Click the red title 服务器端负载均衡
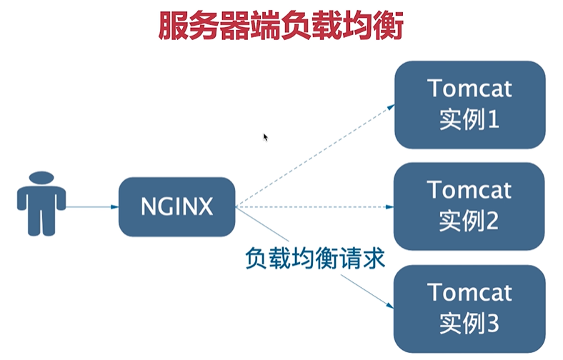(281, 26)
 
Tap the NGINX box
(176, 207)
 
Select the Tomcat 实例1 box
(469, 104)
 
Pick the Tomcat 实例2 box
(469, 206)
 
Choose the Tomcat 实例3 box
(469, 309)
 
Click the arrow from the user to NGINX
(91, 207)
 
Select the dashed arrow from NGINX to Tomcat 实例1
(314, 156)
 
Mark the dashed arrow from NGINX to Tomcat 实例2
(314, 208)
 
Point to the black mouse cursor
(265, 136)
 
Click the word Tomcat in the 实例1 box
(469, 89)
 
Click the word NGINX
(176, 207)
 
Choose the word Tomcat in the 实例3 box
(469, 293)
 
